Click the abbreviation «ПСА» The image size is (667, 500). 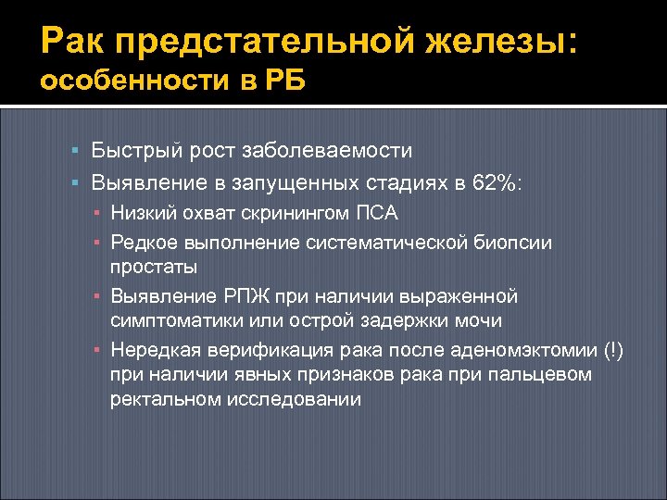(377, 213)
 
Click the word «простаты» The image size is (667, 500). (154, 267)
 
